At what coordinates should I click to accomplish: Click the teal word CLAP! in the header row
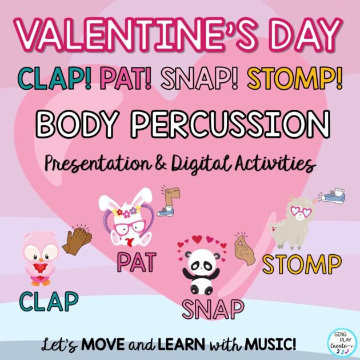(54, 79)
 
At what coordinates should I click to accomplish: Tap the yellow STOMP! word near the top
(295, 79)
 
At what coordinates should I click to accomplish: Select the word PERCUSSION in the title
(230, 124)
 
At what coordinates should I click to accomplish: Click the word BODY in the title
(76, 124)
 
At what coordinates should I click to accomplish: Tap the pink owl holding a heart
(41, 258)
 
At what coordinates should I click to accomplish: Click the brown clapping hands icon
(77, 239)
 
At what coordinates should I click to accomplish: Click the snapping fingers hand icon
(245, 249)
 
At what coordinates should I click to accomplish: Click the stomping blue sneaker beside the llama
(332, 196)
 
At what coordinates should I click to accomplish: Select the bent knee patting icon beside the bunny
(169, 202)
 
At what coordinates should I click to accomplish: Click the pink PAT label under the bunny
(137, 262)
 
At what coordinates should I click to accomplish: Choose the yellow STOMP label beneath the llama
(302, 265)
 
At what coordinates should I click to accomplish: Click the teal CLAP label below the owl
(49, 302)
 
